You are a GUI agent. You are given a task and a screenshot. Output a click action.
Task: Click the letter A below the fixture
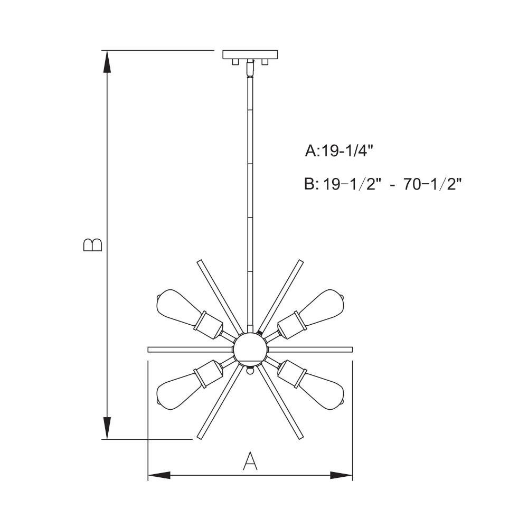pyautogui.click(x=250, y=461)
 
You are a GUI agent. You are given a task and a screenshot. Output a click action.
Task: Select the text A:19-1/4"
pyautogui.click(x=340, y=150)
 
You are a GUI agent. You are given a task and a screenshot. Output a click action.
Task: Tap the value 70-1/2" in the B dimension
pyautogui.click(x=432, y=184)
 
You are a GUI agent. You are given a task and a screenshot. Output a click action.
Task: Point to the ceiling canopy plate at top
pyautogui.click(x=250, y=54)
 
